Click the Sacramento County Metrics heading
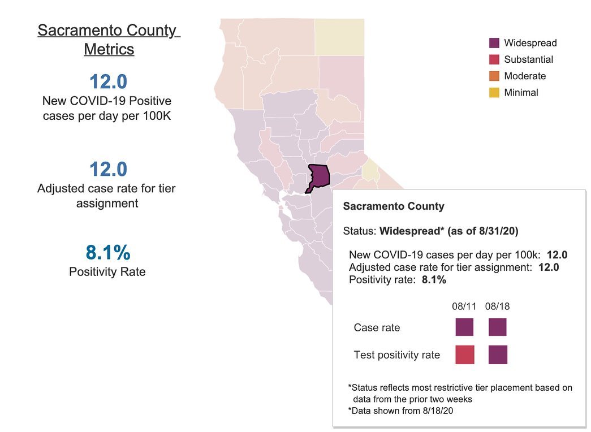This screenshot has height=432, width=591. [x=109, y=40]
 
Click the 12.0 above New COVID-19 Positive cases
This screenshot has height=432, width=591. [x=109, y=81]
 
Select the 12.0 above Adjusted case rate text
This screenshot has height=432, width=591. [x=109, y=169]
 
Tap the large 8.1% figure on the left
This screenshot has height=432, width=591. [x=108, y=252]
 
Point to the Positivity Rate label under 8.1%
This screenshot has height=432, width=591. [x=107, y=272]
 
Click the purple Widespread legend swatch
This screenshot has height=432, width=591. [x=494, y=43]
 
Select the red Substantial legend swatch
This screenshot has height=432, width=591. [x=494, y=59]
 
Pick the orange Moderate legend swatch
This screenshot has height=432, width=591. [x=494, y=76]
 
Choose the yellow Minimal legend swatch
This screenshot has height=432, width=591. [x=494, y=93]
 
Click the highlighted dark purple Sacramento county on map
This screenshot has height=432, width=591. [x=320, y=176]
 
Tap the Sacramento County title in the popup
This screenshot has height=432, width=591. [x=394, y=206]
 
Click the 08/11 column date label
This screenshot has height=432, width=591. [x=464, y=306]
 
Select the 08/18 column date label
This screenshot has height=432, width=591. [x=498, y=306]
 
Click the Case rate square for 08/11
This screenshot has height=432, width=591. [x=464, y=327]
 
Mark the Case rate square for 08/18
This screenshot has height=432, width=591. [x=498, y=327]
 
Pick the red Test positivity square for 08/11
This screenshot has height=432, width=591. [x=465, y=355]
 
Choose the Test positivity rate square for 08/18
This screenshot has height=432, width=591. [x=498, y=355]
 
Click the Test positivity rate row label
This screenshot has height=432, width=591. [x=397, y=355]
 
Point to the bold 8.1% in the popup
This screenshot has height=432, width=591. [x=434, y=280]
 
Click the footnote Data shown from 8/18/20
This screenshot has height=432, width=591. [x=400, y=411]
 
